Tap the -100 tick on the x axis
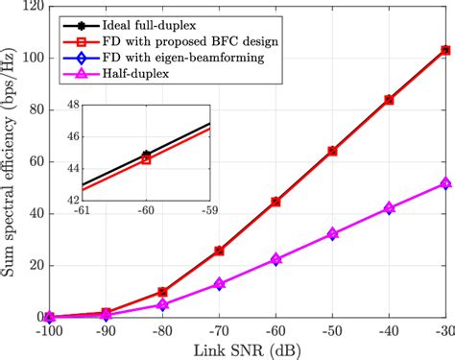tap(50, 330)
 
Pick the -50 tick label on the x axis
tap(331, 330)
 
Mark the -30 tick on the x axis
tap(443, 330)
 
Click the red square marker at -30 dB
tap(444, 50)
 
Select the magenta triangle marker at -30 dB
tap(444, 182)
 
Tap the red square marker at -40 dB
tap(389, 100)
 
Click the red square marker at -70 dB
tap(220, 251)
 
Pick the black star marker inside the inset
tap(146, 155)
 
